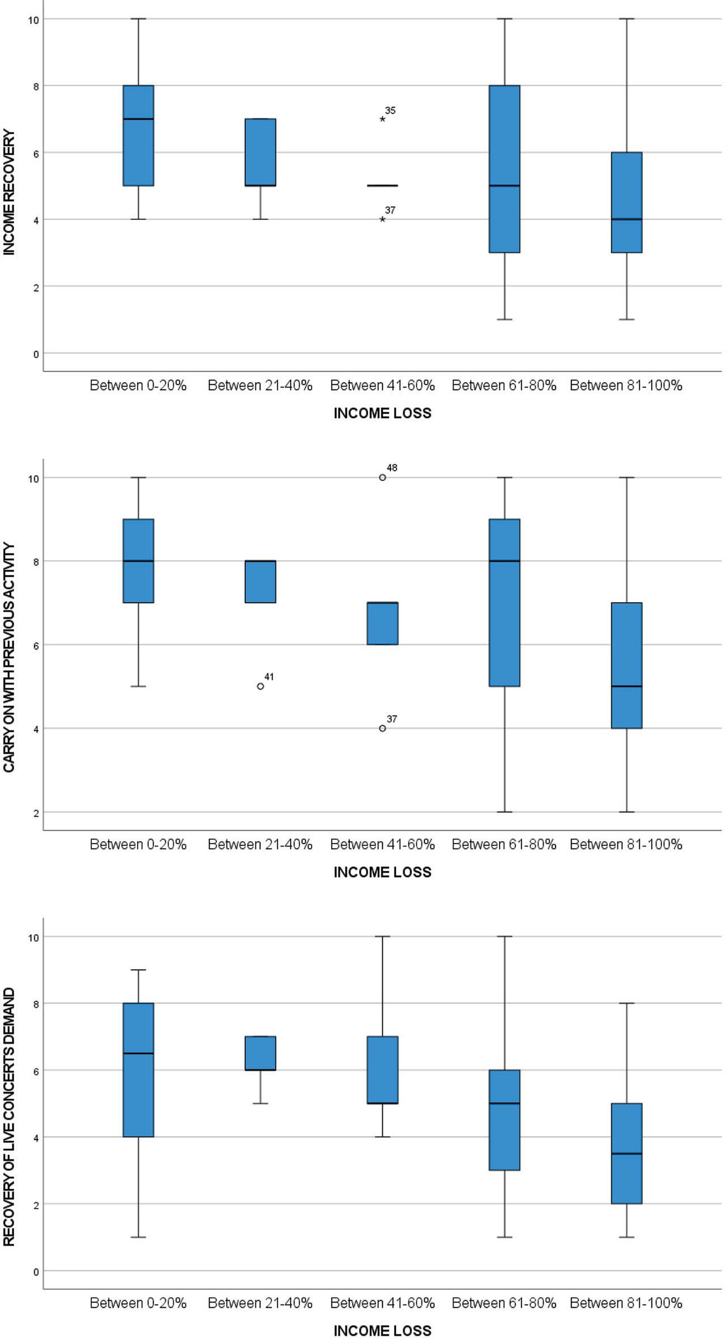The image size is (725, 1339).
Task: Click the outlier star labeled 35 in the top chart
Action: click(x=382, y=120)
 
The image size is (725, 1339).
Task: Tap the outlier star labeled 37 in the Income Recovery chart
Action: click(x=382, y=219)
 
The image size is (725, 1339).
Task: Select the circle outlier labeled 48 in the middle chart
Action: click(x=382, y=477)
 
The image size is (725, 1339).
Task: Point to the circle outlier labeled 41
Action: click(x=261, y=686)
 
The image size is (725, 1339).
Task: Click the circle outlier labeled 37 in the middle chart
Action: click(x=382, y=728)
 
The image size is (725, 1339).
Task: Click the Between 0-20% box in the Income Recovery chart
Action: click(x=138, y=136)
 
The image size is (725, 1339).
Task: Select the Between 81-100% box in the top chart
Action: click(x=626, y=202)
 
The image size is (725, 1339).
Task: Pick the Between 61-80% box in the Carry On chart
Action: click(x=504, y=603)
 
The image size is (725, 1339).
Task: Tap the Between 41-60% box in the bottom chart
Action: click(x=382, y=1070)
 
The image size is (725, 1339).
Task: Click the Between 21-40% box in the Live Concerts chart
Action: click(x=261, y=1053)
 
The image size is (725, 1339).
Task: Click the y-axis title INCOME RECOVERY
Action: click(x=9, y=193)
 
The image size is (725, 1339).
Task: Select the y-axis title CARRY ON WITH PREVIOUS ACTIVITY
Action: click(x=9, y=657)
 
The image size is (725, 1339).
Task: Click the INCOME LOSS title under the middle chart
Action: click(x=382, y=872)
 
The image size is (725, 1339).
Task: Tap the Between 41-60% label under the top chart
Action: click(x=382, y=385)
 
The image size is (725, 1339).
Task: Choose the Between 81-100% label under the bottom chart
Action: click(x=626, y=1303)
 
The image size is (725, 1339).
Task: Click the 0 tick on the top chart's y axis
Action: click(x=36, y=354)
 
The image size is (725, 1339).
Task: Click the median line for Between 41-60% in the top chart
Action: click(x=382, y=185)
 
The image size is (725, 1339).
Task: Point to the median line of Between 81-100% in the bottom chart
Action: click(x=626, y=1154)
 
